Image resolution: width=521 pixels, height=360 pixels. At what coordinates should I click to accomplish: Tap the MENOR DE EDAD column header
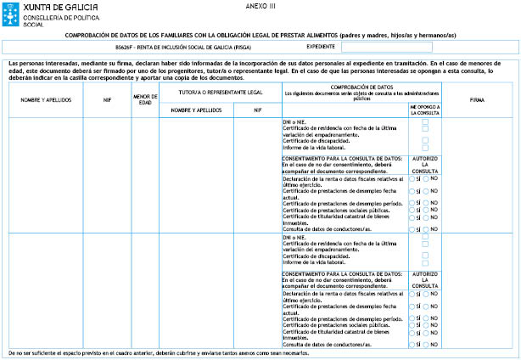click(x=145, y=100)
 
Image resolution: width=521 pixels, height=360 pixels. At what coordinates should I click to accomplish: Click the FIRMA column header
click(x=481, y=100)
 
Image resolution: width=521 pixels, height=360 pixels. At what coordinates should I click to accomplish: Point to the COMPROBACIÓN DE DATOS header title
click(x=361, y=87)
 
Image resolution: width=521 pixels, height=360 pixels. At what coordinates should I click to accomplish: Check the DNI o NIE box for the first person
click(x=425, y=122)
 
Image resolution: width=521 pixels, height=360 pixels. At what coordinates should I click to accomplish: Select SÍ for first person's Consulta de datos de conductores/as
click(x=412, y=229)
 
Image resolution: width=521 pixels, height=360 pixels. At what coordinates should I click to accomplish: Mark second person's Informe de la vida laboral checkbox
click(x=425, y=265)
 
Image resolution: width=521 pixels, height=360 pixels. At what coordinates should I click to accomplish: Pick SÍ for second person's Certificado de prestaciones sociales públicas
click(x=412, y=325)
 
